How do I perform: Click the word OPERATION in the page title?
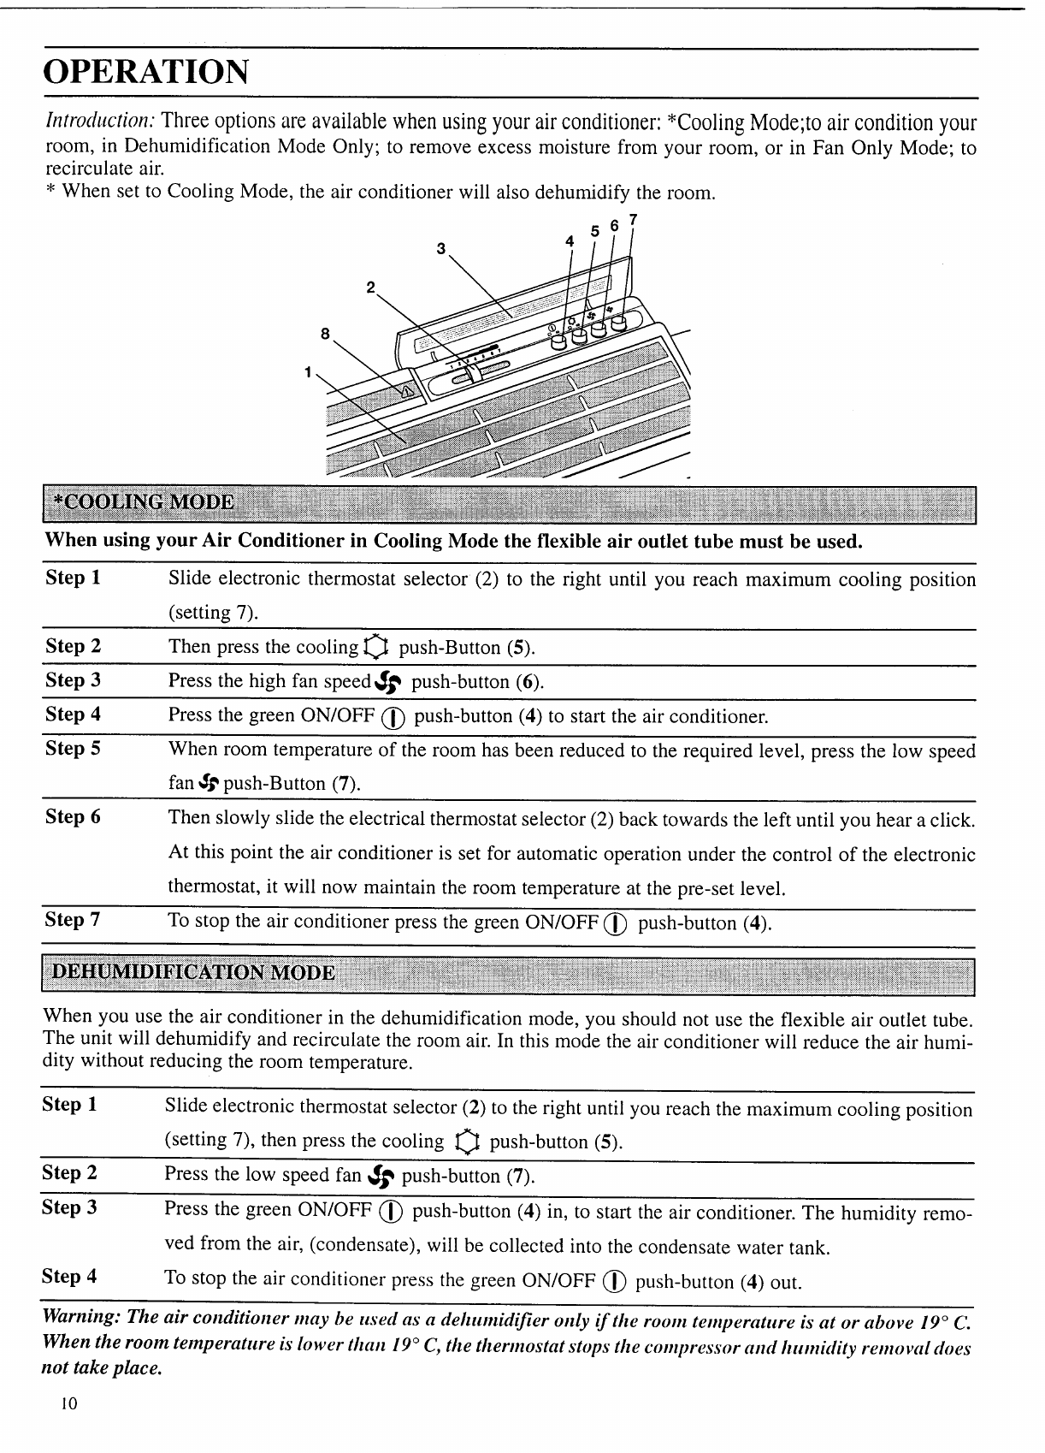tap(146, 72)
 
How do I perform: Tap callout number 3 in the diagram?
tap(440, 248)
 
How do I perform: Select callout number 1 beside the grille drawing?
tap(307, 371)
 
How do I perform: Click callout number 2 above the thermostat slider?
tap(370, 287)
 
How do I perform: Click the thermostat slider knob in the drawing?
tap(474, 371)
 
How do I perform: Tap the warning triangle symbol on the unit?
tap(406, 392)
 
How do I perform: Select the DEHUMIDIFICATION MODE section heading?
tap(193, 973)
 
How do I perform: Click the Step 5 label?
tap(73, 749)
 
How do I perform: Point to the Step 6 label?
tap(73, 817)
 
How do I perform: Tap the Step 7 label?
tap(73, 920)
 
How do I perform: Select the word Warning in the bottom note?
tap(80, 1315)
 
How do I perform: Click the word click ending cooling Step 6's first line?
tap(952, 820)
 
